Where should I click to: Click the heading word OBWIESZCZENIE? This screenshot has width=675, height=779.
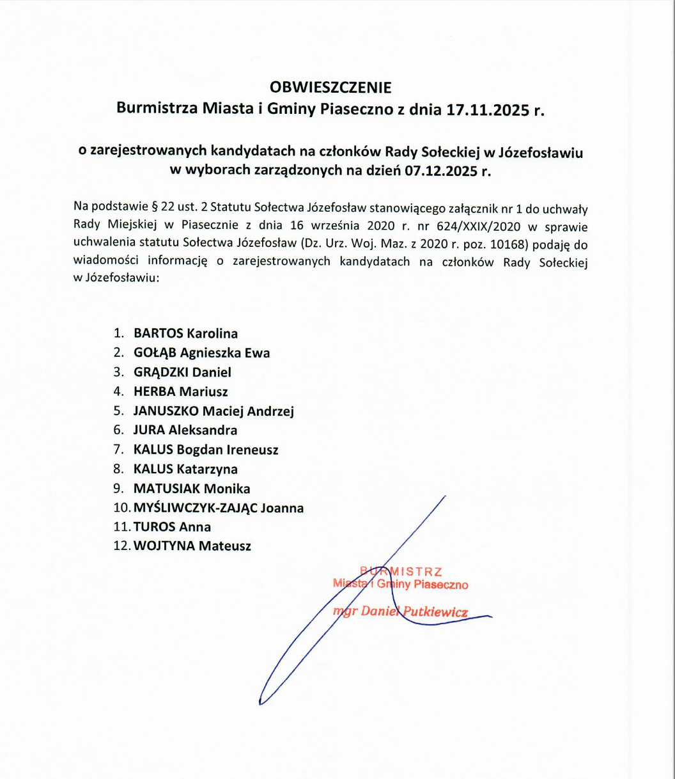coord(330,87)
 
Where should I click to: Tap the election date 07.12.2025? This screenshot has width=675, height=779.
coord(449,171)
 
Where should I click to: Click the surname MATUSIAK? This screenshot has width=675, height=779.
coord(167,489)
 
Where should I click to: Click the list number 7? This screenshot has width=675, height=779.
coord(118,450)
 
